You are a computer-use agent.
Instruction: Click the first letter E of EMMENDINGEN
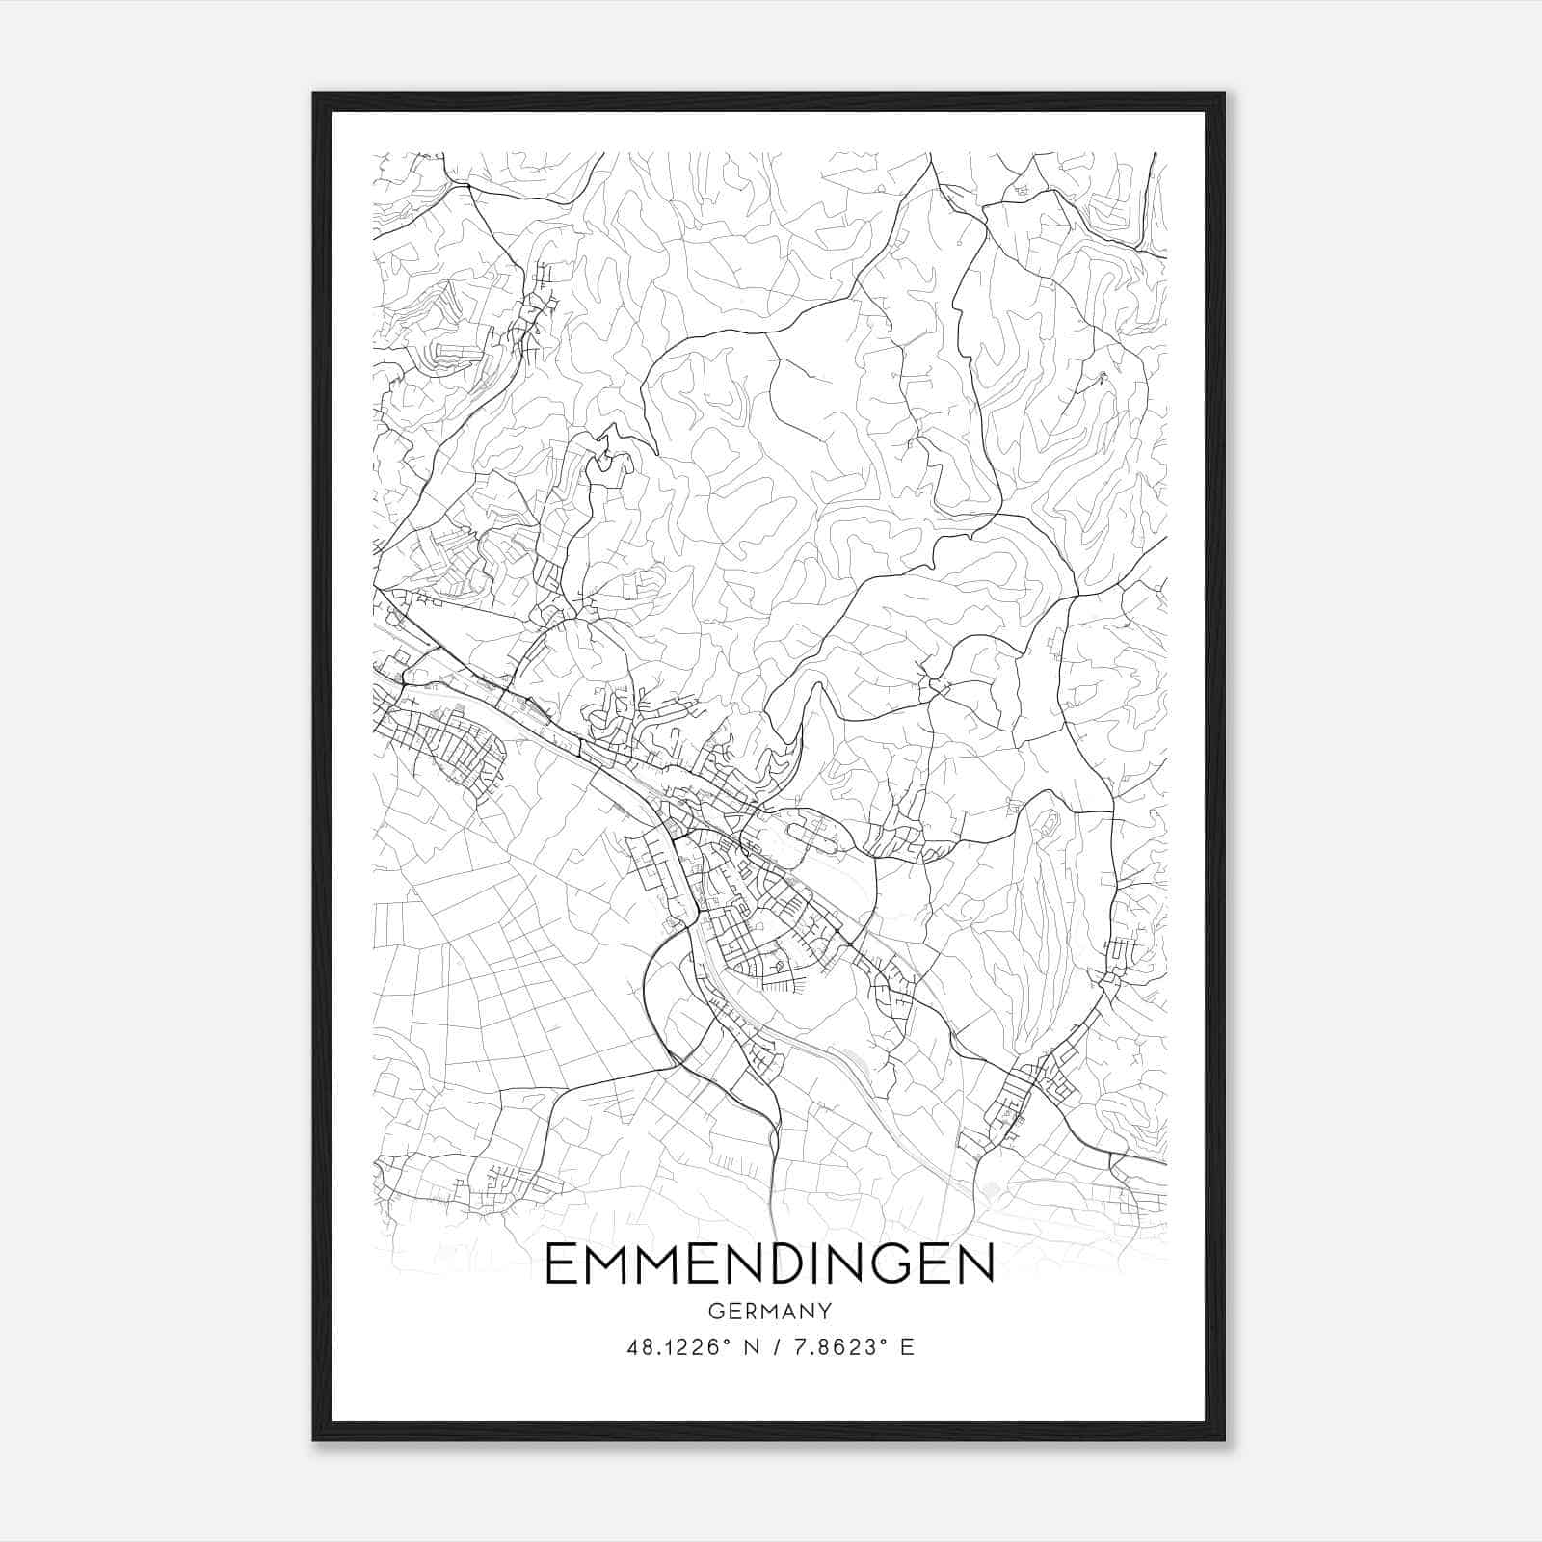(x=561, y=1264)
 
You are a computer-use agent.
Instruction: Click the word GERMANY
(x=769, y=1311)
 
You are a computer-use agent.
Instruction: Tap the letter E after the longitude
(x=907, y=1347)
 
